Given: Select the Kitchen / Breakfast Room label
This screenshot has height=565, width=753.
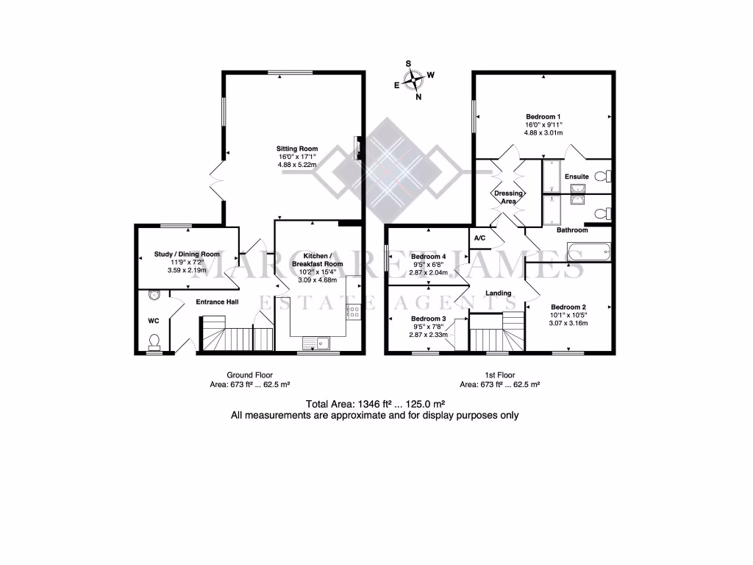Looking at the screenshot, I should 317,260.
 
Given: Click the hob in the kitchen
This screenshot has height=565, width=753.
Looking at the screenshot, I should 354,311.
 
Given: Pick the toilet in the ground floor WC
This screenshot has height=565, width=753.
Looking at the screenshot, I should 154,341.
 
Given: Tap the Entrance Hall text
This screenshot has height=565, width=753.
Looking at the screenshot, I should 217,302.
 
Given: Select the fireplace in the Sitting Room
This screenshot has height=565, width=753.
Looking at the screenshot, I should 357,146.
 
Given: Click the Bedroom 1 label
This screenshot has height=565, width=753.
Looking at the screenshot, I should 543,116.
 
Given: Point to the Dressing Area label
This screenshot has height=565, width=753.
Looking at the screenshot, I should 508,197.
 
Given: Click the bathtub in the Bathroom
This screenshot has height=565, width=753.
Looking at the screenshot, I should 588,253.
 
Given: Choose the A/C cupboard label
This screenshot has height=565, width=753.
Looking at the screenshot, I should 480,238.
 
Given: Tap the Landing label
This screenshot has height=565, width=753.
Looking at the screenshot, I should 499,293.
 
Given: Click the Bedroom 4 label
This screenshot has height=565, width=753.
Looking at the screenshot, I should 428,257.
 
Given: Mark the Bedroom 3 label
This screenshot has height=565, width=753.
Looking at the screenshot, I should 428,319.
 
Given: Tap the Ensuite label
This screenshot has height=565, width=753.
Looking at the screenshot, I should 577,177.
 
